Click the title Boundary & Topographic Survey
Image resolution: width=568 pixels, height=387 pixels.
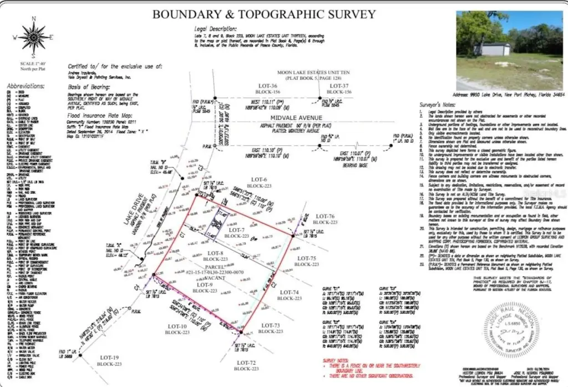click(264, 14)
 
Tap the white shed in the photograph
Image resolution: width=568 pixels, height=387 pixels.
click(493, 49)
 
